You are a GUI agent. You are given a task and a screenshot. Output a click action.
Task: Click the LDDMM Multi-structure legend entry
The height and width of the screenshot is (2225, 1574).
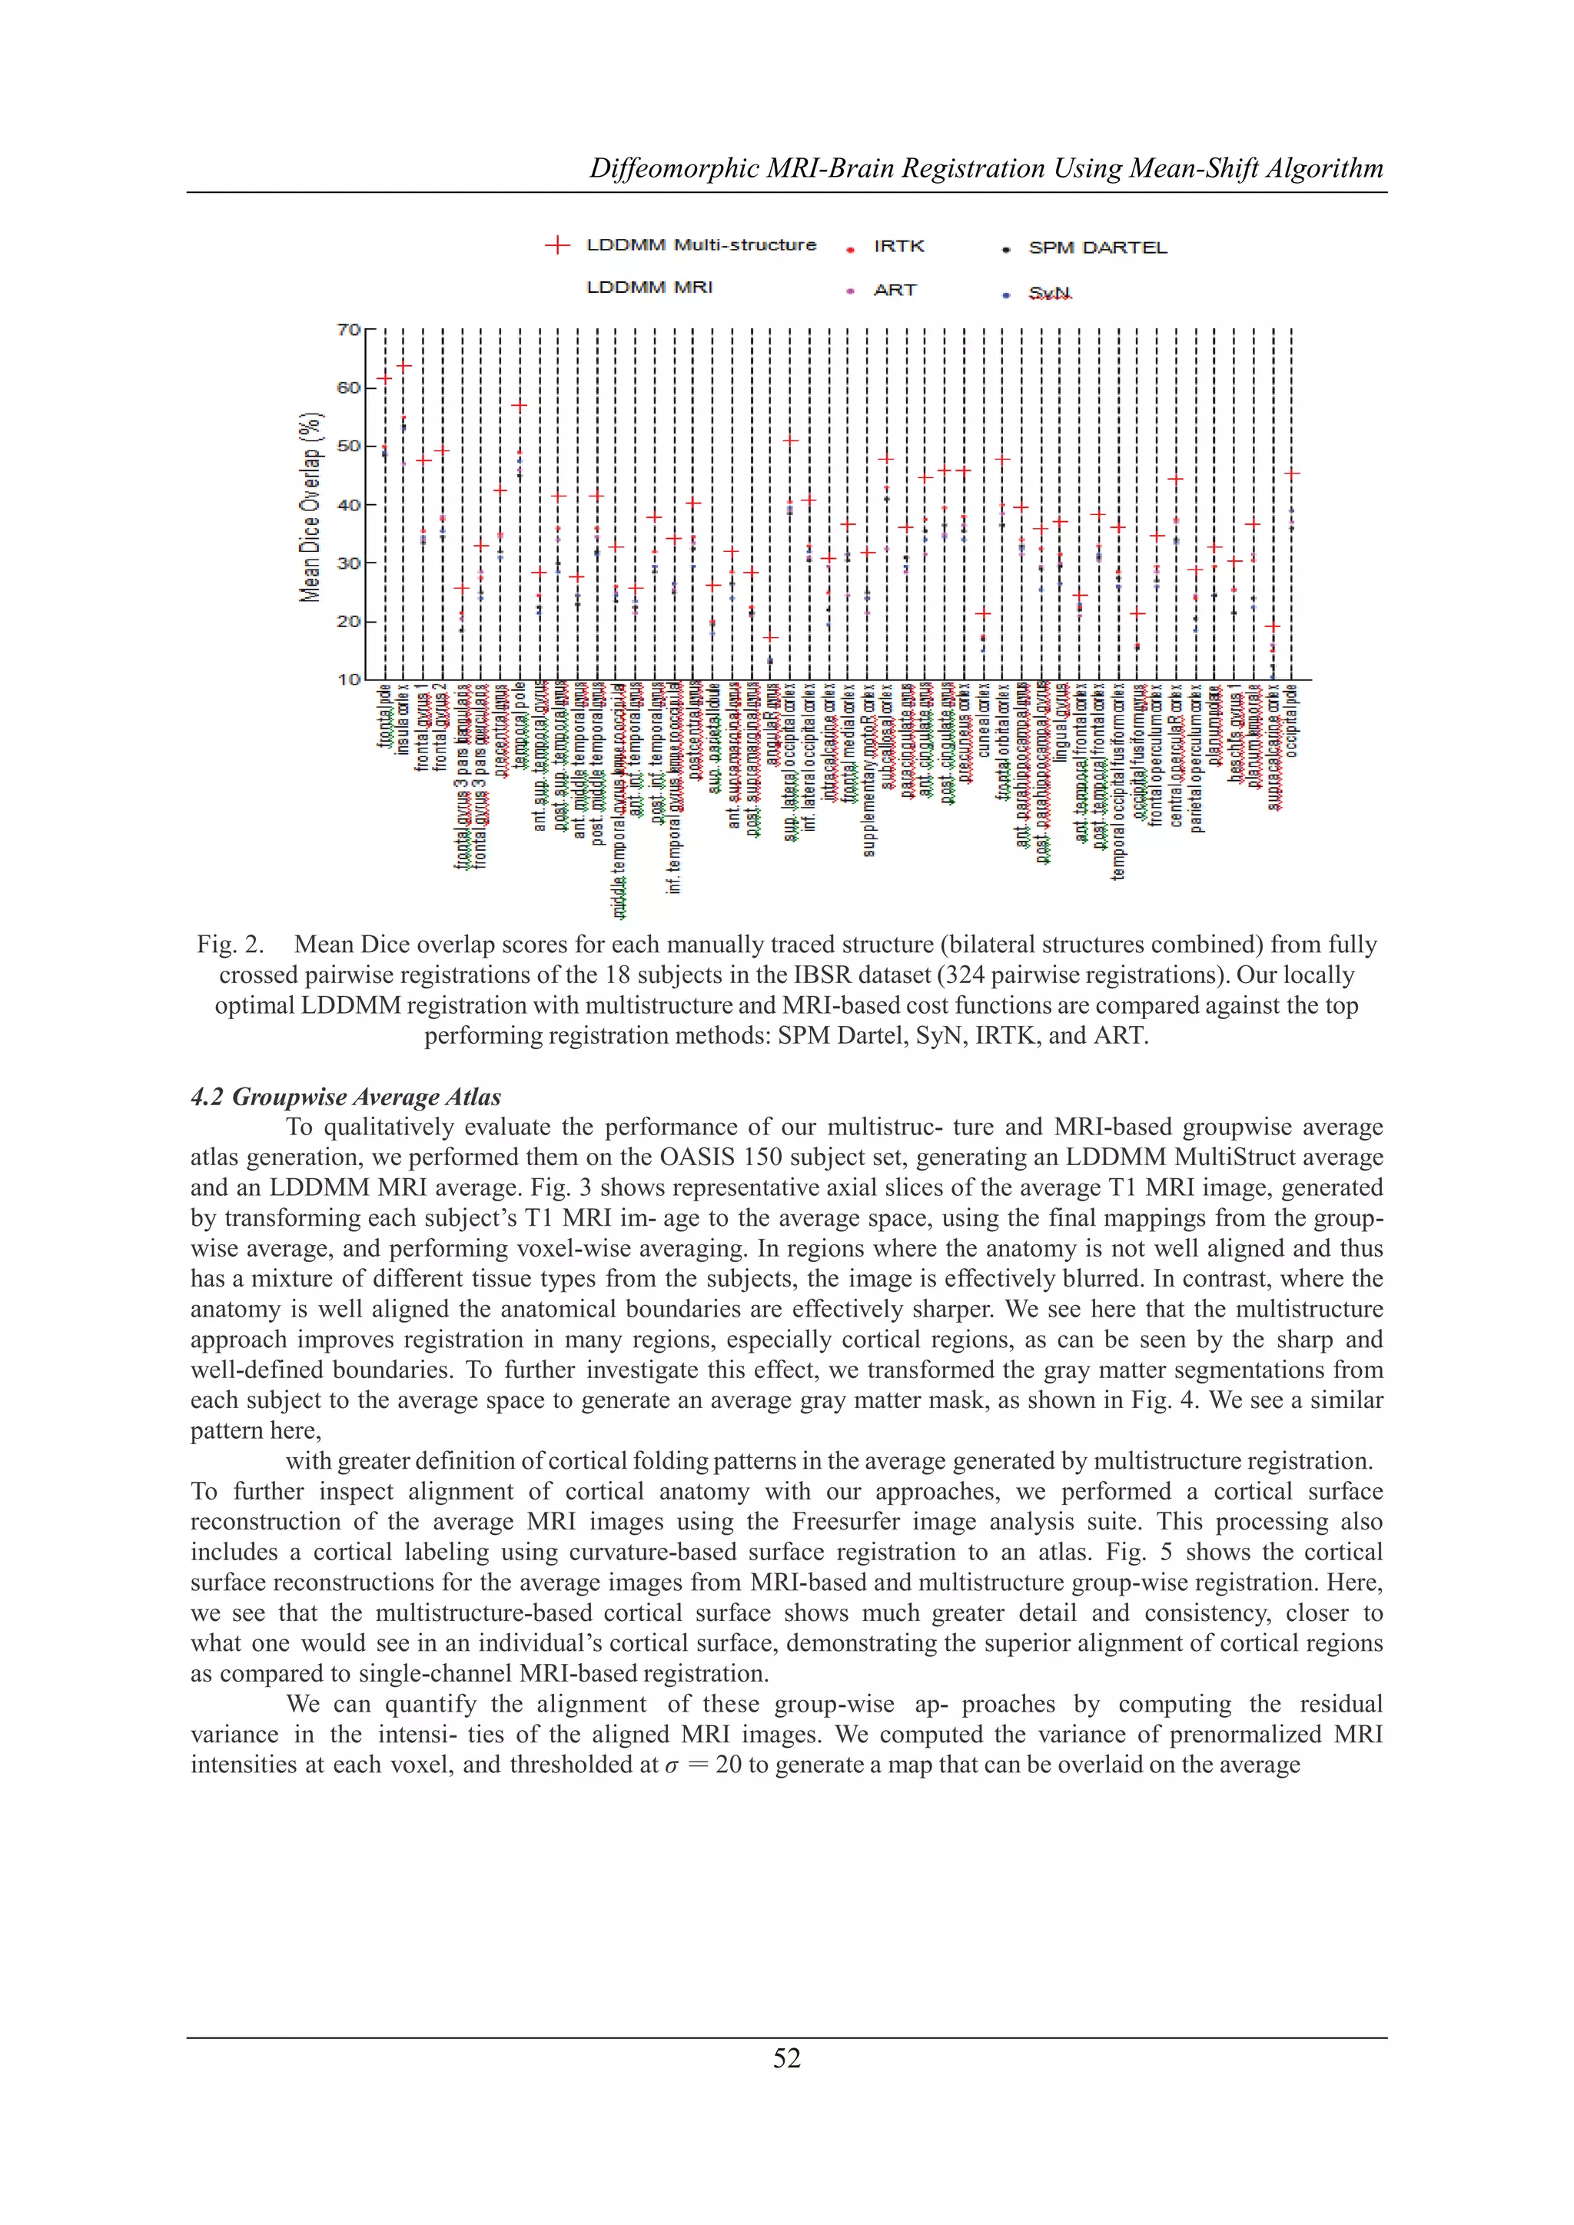click(x=701, y=245)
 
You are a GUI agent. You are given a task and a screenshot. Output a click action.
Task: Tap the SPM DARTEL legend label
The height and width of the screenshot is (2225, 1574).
click(x=1097, y=248)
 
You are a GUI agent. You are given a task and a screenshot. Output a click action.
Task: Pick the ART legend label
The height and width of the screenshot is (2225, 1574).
click(x=895, y=290)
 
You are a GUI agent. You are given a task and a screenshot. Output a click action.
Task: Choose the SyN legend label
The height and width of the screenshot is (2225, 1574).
click(x=1050, y=293)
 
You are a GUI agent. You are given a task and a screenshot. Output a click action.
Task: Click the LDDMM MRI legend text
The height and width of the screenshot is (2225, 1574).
click(x=649, y=287)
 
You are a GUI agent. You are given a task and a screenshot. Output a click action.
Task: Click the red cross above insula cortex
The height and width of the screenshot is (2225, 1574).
click(x=404, y=365)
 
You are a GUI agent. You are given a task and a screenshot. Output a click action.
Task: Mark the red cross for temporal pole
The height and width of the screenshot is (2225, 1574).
click(x=520, y=405)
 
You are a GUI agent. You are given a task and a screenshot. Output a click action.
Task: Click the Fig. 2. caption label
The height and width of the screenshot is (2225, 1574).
click(x=231, y=944)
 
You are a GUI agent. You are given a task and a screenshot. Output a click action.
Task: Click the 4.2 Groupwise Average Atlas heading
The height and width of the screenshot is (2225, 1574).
click(x=346, y=1097)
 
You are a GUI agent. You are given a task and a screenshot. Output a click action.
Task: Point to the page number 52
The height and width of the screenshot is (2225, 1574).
click(x=786, y=2058)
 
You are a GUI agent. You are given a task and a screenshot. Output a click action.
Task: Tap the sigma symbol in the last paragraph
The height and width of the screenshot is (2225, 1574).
click(x=672, y=1765)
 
